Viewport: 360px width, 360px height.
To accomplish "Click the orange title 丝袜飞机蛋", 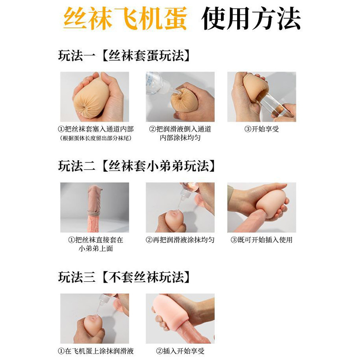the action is pyautogui.click(x=125, y=18).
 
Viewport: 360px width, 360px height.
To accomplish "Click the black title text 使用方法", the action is pyautogui.click(x=251, y=18).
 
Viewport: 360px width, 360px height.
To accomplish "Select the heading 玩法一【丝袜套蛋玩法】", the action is pyautogui.click(x=125, y=55).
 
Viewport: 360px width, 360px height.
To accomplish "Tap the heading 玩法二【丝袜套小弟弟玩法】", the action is pyautogui.click(x=137, y=166).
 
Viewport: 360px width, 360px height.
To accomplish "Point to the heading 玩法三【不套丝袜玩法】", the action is pyautogui.click(x=125, y=277).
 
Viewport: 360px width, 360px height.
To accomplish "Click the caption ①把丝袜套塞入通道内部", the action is pyautogui.click(x=96, y=129).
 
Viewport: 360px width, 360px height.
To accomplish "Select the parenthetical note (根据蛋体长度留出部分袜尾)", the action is pyautogui.click(x=96, y=138).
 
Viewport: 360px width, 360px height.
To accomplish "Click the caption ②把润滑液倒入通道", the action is pyautogui.click(x=180, y=129).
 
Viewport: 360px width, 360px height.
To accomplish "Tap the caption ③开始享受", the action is pyautogui.click(x=261, y=129).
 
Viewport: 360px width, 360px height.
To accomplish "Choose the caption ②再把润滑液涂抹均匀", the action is pyautogui.click(x=180, y=240).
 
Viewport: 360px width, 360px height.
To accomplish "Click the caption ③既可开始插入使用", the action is pyautogui.click(x=261, y=240).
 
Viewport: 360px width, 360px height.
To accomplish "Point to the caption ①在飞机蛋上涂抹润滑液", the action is pyautogui.click(x=96, y=351).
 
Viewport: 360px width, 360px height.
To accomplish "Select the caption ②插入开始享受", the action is pyautogui.click(x=180, y=351).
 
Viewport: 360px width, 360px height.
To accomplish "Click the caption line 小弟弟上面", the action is pyautogui.click(x=96, y=249).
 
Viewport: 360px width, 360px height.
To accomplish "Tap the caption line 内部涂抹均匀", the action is pyautogui.click(x=180, y=138).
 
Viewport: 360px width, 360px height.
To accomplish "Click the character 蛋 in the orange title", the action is pyautogui.click(x=175, y=18).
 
